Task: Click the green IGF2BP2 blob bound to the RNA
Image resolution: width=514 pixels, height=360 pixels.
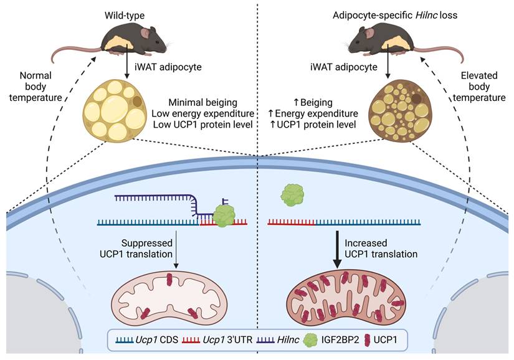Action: (224, 216)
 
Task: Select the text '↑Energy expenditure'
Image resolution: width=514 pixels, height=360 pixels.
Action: (317, 113)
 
